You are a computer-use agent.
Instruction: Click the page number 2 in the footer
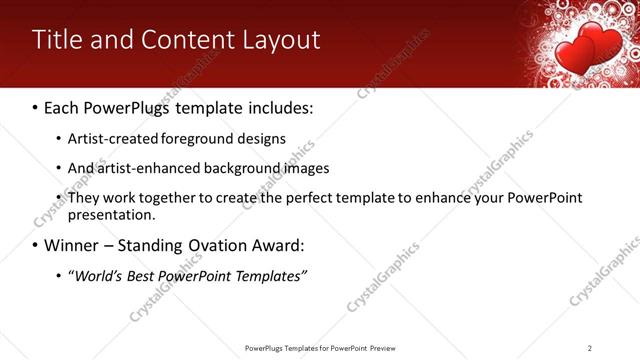(x=590, y=348)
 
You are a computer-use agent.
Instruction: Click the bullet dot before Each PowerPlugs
(x=36, y=106)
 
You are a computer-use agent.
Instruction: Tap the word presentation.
(x=111, y=214)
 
